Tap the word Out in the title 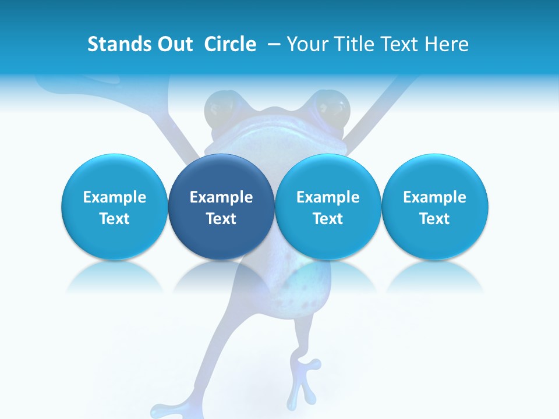(x=173, y=44)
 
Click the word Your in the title (x=305, y=44)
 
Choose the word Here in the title (x=446, y=44)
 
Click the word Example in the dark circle (x=221, y=197)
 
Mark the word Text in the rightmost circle (x=435, y=219)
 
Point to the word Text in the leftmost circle (x=114, y=219)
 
